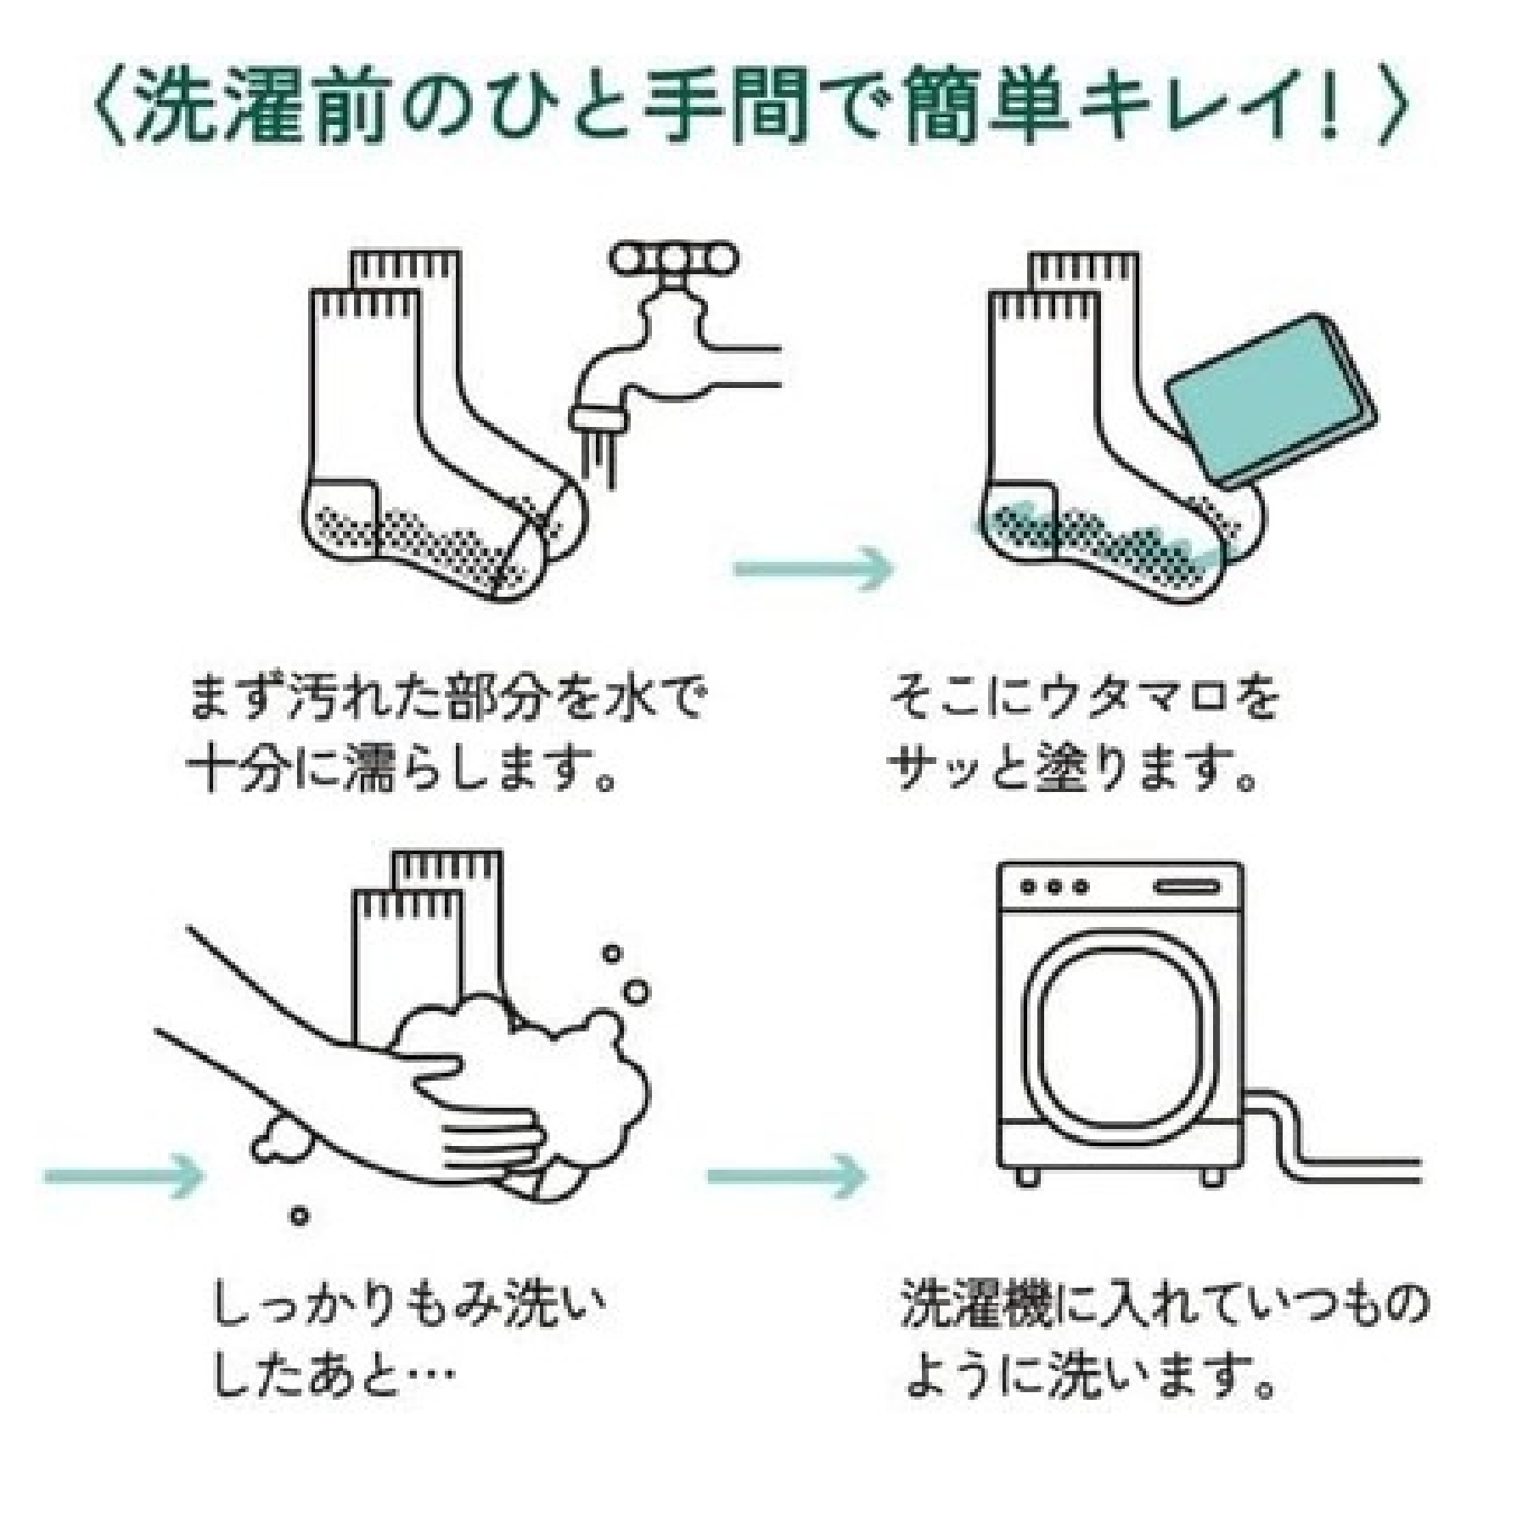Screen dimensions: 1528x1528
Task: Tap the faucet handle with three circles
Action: tap(673, 260)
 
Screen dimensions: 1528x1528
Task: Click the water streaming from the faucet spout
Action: tap(599, 459)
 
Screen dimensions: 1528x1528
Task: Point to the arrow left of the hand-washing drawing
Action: tap(124, 1175)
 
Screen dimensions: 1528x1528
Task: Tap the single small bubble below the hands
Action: tap(298, 1216)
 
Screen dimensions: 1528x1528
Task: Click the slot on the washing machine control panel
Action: tap(1186, 888)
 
